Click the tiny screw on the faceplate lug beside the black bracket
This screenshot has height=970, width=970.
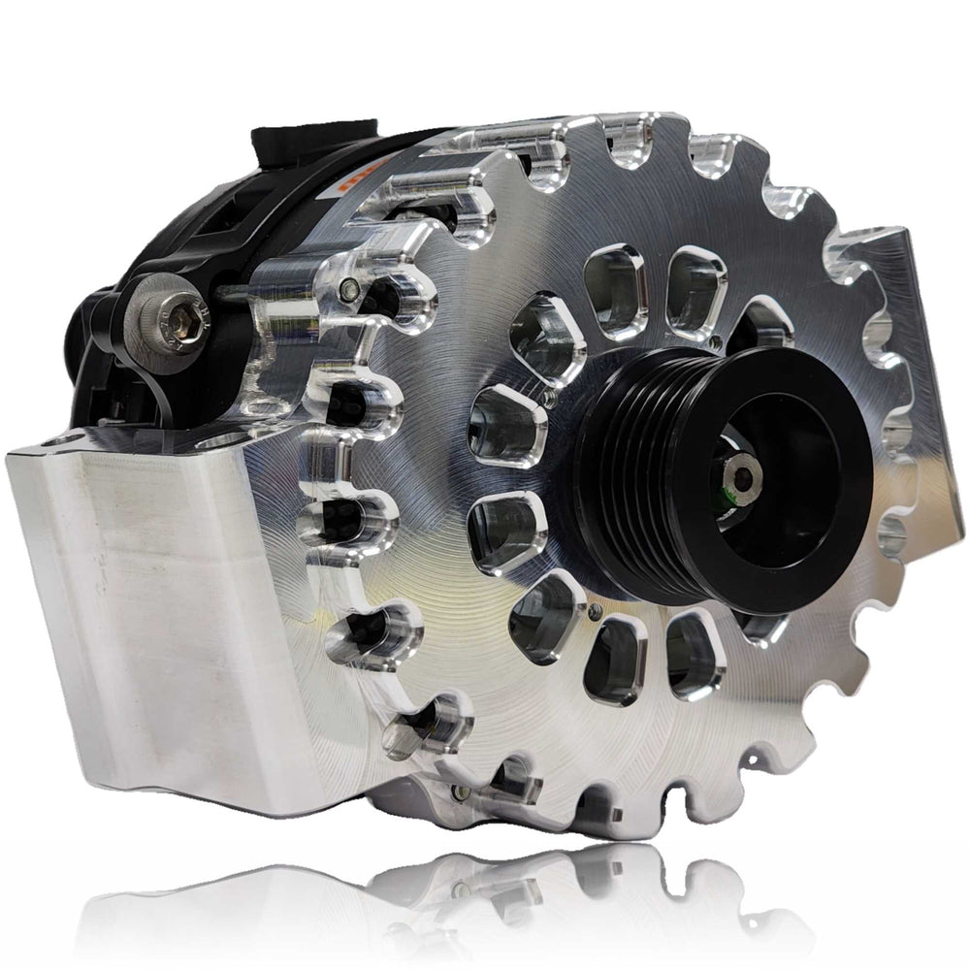point(346,288)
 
